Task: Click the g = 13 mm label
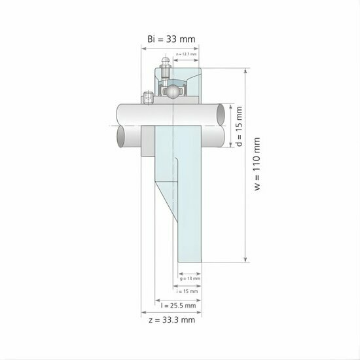[x=189, y=278]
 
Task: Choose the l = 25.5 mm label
[x=178, y=306]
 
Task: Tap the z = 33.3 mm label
[x=171, y=320]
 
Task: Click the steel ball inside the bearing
[x=171, y=91]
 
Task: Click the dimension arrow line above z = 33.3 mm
[x=171, y=313]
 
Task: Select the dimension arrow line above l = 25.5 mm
[x=177, y=298]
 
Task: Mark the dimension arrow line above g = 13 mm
[x=189, y=271]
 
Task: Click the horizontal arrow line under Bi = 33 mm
[x=171, y=47]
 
